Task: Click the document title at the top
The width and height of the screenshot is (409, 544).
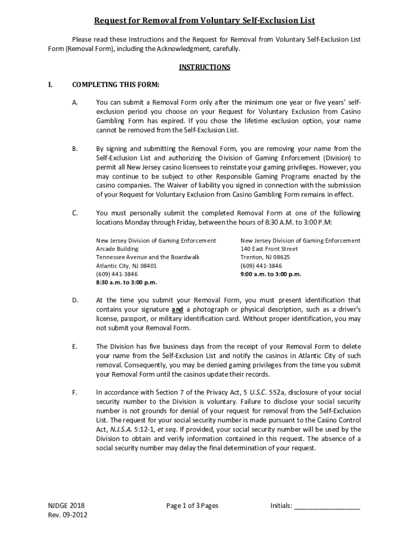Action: click(204, 21)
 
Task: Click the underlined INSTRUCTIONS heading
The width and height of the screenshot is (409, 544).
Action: click(204, 67)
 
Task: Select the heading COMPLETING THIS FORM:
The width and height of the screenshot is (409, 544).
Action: click(116, 84)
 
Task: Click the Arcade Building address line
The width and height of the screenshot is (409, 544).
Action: click(117, 249)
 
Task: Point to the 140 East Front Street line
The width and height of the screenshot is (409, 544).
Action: click(269, 249)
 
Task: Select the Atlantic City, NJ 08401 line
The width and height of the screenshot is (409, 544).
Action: click(126, 266)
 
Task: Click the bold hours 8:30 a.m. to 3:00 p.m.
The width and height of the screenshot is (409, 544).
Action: click(126, 283)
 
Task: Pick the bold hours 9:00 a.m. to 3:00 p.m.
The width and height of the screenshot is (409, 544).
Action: click(271, 274)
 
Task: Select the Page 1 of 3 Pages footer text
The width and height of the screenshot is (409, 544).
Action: click(192, 506)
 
